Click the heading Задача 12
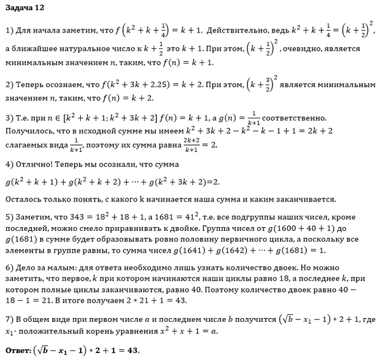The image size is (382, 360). [25, 9]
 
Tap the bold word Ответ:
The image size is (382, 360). [21, 350]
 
